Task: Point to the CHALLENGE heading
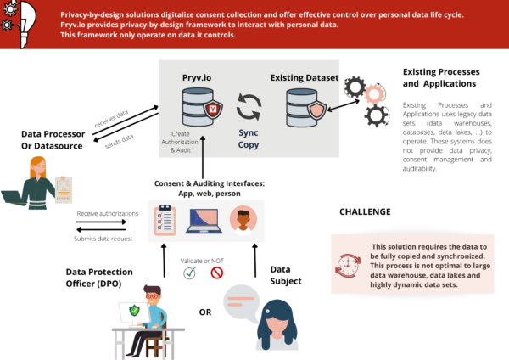click(x=366, y=211)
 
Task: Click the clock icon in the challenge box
click(x=348, y=264)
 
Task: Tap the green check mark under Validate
click(x=190, y=273)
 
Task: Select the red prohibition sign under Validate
click(x=216, y=273)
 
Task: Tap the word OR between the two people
click(x=205, y=312)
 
